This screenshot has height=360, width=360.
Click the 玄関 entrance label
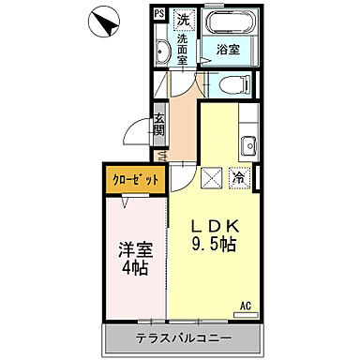coord(159,126)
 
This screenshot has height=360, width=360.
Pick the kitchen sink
coord(249,147)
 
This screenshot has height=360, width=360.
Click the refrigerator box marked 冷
coord(238,175)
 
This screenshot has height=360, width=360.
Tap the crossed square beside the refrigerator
coord(211,175)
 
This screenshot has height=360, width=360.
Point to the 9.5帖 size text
coord(216,244)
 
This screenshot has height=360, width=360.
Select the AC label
coord(246,306)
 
